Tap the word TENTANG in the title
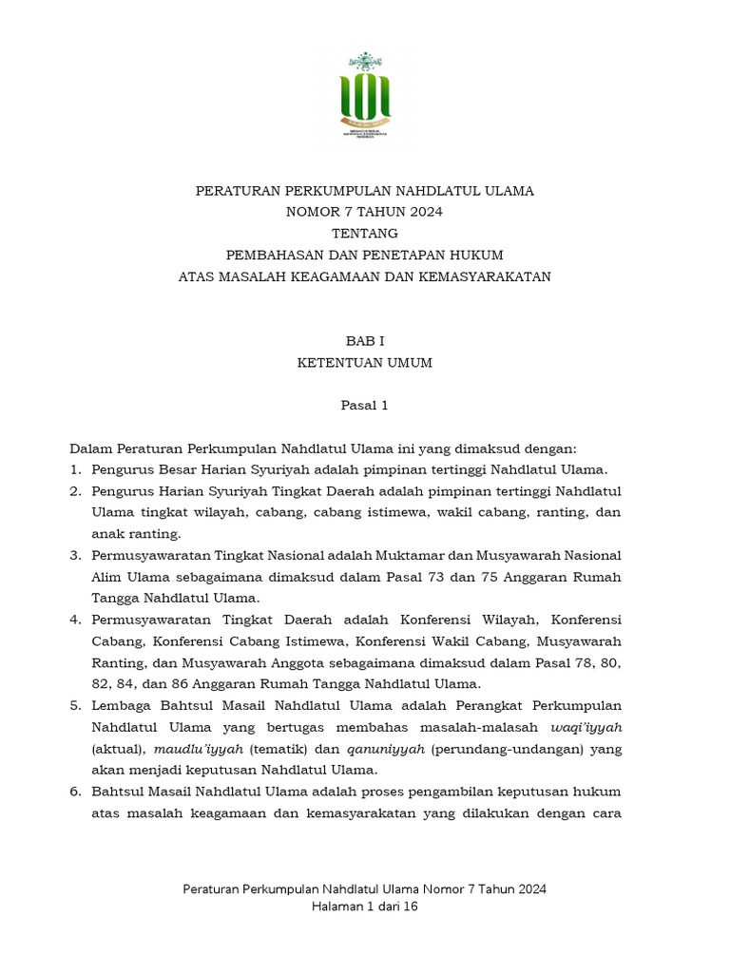click(365, 234)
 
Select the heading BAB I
click(365, 340)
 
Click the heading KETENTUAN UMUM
click(365, 362)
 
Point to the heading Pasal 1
click(365, 406)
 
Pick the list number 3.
click(75, 555)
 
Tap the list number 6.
click(75, 792)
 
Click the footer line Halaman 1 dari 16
click(365, 906)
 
